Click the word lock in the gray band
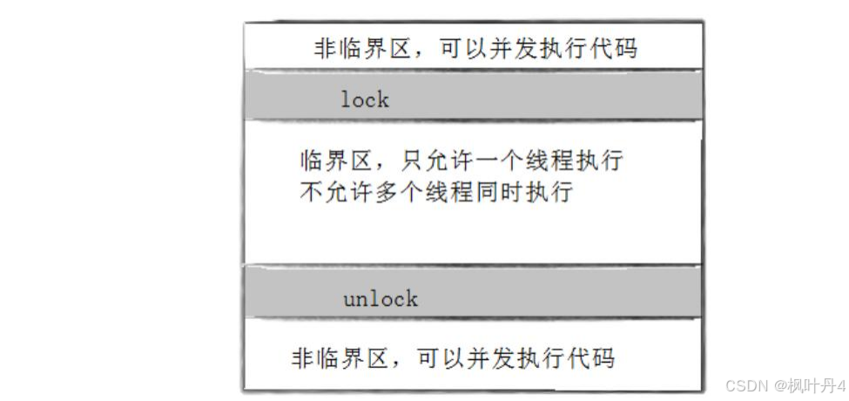coord(365,99)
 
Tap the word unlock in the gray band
coord(381,299)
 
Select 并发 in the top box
coord(513,50)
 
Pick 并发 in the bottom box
coord(490,359)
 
